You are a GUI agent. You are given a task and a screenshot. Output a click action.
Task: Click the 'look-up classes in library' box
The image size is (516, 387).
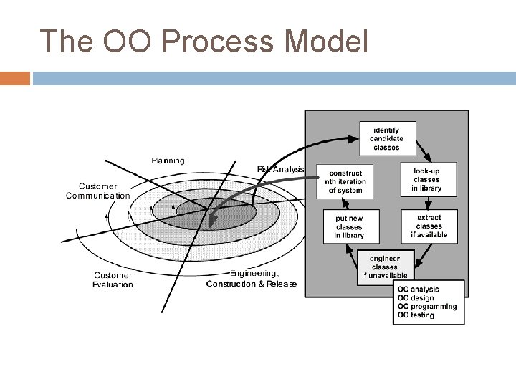[x=426, y=179]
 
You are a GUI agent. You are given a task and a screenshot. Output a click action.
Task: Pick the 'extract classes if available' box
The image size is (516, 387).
[x=429, y=226]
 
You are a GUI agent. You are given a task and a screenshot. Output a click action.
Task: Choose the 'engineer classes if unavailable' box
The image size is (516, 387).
[x=385, y=266]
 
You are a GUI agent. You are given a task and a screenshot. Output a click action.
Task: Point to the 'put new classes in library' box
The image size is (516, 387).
[x=349, y=226]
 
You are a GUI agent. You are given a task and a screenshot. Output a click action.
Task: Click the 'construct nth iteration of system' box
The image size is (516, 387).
[x=347, y=181]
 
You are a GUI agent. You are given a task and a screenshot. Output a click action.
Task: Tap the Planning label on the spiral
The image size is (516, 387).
[x=168, y=161]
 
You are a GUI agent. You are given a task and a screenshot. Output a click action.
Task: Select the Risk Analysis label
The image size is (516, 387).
[x=280, y=169]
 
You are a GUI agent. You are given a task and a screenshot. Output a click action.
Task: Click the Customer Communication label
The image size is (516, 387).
[x=98, y=191]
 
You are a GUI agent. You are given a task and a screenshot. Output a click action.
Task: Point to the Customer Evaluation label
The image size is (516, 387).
[x=113, y=279]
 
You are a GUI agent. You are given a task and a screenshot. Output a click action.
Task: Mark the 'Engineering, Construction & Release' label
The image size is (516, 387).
[x=252, y=279]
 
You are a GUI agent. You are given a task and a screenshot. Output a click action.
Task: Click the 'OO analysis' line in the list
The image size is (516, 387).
[x=419, y=290]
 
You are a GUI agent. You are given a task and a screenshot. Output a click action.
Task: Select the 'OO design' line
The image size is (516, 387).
[x=416, y=298]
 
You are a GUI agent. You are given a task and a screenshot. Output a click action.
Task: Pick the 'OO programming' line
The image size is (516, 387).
[x=426, y=307]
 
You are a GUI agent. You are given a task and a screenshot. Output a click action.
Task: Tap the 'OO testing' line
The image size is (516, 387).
[x=416, y=315]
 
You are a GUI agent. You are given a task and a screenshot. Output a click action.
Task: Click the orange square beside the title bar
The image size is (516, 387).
[x=15, y=78]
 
